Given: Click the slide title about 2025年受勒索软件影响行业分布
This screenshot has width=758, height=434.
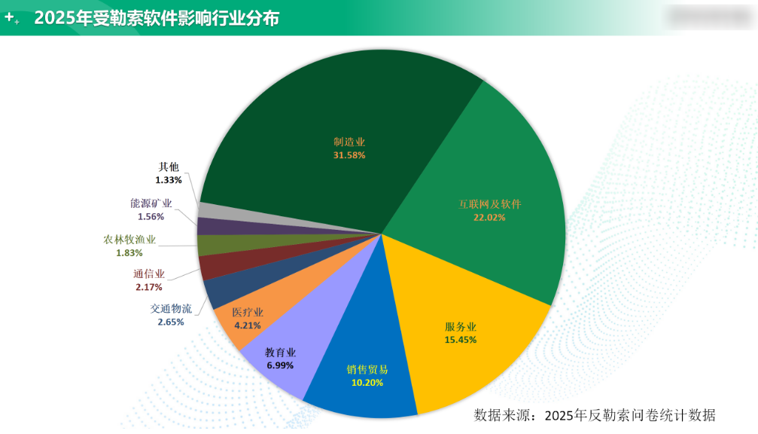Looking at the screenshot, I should pos(157,18).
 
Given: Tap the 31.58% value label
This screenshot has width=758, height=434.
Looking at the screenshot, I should pos(349,155).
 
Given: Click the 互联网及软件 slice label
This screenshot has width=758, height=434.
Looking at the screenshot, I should pos(490,204).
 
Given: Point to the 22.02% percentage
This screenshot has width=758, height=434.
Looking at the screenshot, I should pos(490,217).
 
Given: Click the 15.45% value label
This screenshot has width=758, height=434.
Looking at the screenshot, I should pos(461,340).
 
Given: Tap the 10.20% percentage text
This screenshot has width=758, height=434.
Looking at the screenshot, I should pos(367,383).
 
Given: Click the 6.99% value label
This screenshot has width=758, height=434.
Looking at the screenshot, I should pos(280,365).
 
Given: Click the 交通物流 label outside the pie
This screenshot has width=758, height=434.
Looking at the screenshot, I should pos(171,308).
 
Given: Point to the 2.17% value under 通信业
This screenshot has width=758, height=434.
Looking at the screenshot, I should pos(148,287).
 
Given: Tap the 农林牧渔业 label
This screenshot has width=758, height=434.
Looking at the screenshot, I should pos(129,240).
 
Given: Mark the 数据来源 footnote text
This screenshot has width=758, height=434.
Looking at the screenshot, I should pos(594,415).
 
